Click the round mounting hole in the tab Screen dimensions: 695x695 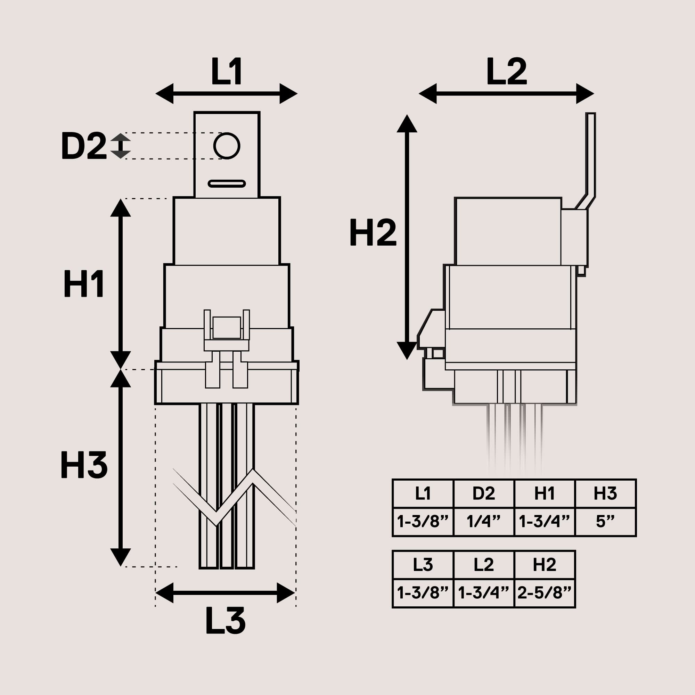pyautogui.click(x=227, y=146)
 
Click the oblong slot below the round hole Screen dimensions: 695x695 pyautogui.click(x=227, y=184)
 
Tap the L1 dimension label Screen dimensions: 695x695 pyautogui.click(x=227, y=71)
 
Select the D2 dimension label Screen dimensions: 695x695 pyautogui.click(x=84, y=146)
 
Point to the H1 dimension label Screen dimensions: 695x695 pyautogui.click(x=84, y=284)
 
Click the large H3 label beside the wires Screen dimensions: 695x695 pyautogui.click(x=84, y=465)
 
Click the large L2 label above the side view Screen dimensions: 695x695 pyautogui.click(x=507, y=71)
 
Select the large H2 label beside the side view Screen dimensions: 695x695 pyautogui.click(x=373, y=232)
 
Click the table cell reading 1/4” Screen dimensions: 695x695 pyautogui.click(x=484, y=521)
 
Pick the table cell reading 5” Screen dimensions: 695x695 pyautogui.click(x=605, y=521)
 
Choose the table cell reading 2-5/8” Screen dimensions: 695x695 pyautogui.click(x=545, y=592)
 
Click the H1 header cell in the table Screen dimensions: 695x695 pyautogui.click(x=545, y=493)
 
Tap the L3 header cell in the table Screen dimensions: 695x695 pyautogui.click(x=423, y=565)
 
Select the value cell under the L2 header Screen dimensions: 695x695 pyautogui.click(x=484, y=592)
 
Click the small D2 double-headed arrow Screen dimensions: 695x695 pyautogui.click(x=120, y=146)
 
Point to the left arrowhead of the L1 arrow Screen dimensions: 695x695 pyautogui.click(x=165, y=93)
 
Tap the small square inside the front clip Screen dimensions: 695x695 pyautogui.click(x=227, y=327)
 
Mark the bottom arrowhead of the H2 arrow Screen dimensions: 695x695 pyautogui.click(x=407, y=350)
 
